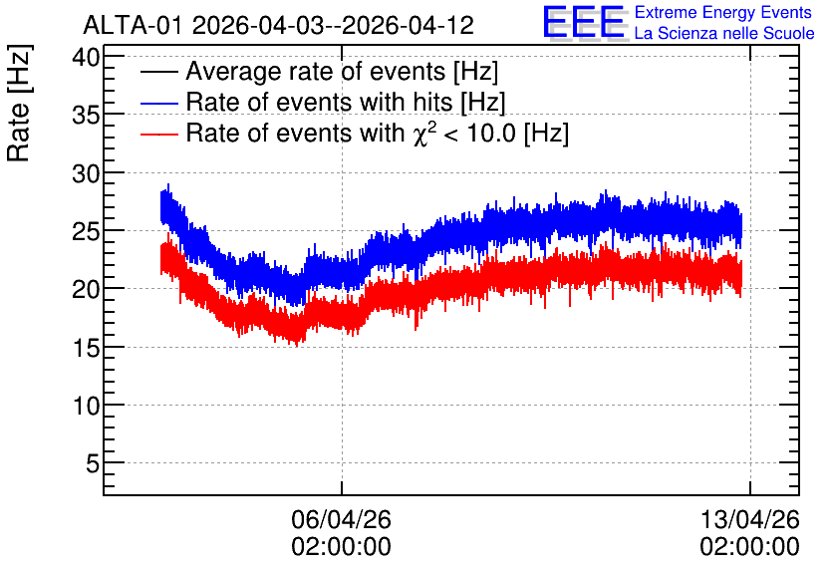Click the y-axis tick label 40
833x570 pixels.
[86, 57]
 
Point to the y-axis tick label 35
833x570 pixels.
[86, 115]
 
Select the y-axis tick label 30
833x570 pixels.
[86, 173]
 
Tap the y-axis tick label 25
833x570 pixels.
[86, 231]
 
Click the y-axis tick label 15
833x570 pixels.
[86, 348]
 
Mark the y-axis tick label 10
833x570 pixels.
[86, 406]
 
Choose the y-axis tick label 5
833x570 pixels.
[93, 463]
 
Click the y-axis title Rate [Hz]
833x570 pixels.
[19, 103]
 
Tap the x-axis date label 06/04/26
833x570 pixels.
[341, 519]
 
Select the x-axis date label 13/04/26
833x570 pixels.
[749, 519]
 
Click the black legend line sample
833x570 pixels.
[158, 72]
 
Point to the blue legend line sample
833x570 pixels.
[158, 103]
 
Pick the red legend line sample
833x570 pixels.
[158, 134]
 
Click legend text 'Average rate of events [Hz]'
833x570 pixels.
[342, 72]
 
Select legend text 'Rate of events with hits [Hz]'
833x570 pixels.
[346, 103]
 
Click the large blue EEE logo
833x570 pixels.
[584, 22]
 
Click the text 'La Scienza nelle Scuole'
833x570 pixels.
[724, 34]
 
